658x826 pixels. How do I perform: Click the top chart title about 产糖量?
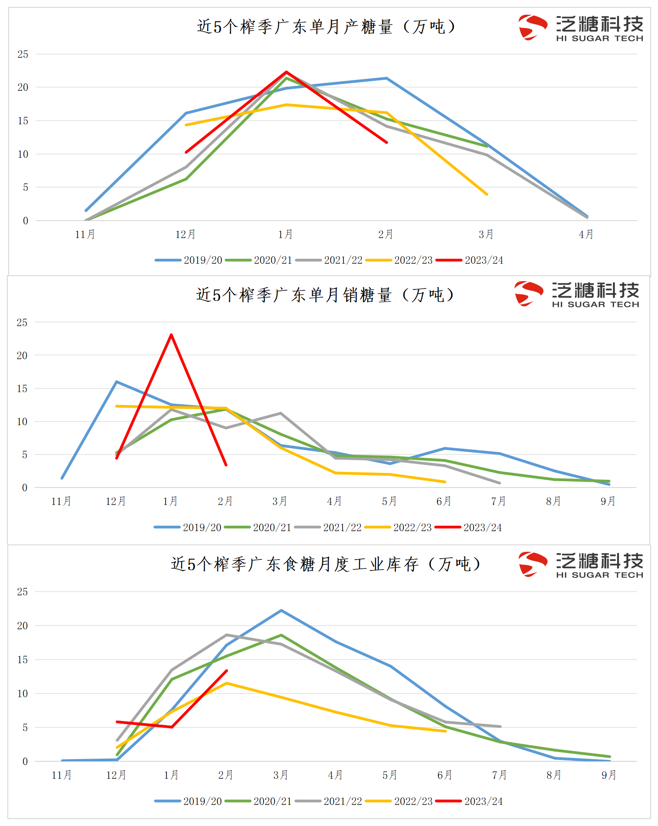(326, 27)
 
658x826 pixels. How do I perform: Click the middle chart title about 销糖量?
(325, 295)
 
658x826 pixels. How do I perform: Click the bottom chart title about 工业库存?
(326, 564)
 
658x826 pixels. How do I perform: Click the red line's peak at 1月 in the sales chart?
(171, 335)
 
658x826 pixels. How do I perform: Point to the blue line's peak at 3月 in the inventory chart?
(281, 610)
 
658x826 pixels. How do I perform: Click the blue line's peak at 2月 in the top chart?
(387, 78)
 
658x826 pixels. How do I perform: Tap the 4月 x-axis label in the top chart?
(586, 234)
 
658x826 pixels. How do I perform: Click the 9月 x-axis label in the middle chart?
(608, 501)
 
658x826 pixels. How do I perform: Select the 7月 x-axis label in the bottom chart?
(499, 775)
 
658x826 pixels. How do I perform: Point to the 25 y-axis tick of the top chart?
(23, 54)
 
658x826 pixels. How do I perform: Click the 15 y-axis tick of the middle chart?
(22, 388)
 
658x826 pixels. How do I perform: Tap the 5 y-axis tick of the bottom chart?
(25, 727)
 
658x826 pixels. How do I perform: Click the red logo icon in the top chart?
(532, 28)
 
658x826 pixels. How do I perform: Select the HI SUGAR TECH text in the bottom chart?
(599, 575)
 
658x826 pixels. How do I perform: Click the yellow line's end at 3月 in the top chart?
(487, 194)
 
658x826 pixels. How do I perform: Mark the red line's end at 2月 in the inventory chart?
(227, 671)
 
